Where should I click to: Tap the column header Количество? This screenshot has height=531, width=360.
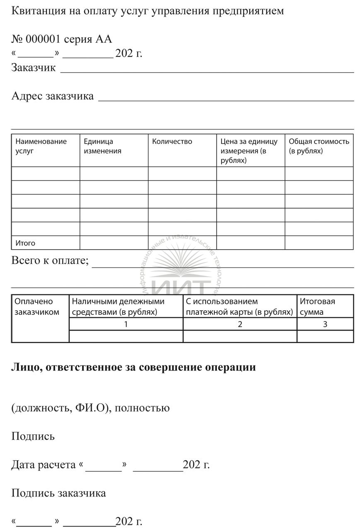click(x=172, y=141)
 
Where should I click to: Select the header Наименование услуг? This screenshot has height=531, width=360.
click(x=41, y=146)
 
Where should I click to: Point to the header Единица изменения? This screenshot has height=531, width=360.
click(x=102, y=146)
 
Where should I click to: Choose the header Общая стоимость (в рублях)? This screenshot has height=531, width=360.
click(x=319, y=146)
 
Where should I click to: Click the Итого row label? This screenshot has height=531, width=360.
click(x=25, y=243)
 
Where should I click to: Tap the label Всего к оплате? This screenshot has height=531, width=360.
click(x=50, y=261)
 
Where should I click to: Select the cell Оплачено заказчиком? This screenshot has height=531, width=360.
click(x=36, y=307)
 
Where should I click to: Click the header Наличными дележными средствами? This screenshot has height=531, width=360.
click(x=118, y=307)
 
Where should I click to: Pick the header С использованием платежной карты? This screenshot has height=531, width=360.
click(x=239, y=307)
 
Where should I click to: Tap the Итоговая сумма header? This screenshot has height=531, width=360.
click(x=317, y=307)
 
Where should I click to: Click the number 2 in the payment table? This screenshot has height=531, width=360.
click(x=240, y=324)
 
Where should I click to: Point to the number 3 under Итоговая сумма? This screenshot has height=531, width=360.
click(x=325, y=324)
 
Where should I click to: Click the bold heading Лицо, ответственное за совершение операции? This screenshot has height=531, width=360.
click(x=133, y=367)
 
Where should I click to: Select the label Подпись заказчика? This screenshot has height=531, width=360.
click(x=58, y=493)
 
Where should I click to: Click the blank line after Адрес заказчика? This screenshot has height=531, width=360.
click(x=226, y=100)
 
